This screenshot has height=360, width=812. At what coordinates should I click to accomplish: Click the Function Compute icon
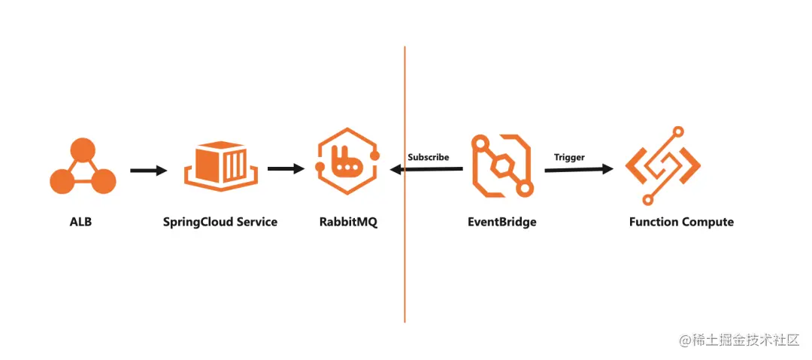pos(662,166)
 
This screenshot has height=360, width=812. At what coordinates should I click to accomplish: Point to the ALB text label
pos(80,222)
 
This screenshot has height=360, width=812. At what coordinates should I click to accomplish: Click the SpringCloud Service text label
pos(220,222)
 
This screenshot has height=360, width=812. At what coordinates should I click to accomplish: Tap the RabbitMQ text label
pos(347,222)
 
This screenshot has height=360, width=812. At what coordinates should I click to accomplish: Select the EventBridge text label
pos(502,222)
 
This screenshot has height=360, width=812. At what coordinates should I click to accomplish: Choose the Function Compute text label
pos(681,222)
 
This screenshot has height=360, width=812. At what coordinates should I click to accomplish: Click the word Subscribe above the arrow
pos(429,157)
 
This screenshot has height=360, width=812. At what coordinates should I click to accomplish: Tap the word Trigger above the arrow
pos(569,157)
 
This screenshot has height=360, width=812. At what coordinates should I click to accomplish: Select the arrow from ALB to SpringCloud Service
pos(148,171)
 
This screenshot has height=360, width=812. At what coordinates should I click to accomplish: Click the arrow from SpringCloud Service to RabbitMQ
pos(286,169)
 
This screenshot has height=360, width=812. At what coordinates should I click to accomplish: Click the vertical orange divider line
pos(404,263)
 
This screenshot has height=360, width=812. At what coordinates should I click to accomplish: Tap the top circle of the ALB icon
pos(83,149)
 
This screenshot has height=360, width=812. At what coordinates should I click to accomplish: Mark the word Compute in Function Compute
pos(707,222)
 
